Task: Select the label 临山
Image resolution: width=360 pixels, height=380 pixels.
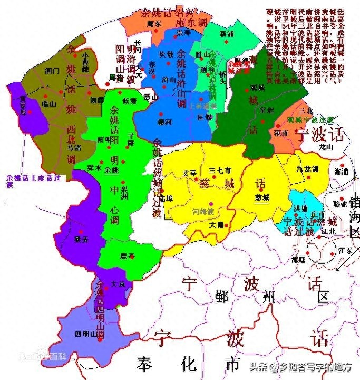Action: [49, 104]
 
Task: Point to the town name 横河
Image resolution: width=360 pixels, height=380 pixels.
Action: [164, 121]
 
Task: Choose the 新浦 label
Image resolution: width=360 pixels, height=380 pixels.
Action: [227, 33]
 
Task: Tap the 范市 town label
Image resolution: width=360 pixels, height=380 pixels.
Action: [281, 134]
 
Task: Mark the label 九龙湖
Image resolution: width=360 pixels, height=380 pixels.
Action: [307, 169]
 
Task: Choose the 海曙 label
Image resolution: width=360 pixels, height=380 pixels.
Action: [298, 260]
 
